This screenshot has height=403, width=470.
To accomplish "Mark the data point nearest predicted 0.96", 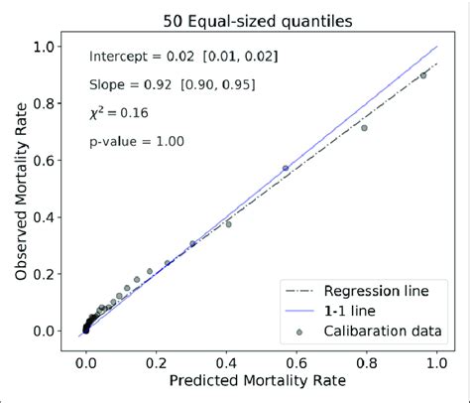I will coord(423,75).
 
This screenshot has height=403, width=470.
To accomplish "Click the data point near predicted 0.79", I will coord(364,128).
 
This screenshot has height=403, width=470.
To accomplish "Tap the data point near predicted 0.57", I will coord(287,169).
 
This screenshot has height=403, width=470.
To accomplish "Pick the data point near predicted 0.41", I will coord(229,224).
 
